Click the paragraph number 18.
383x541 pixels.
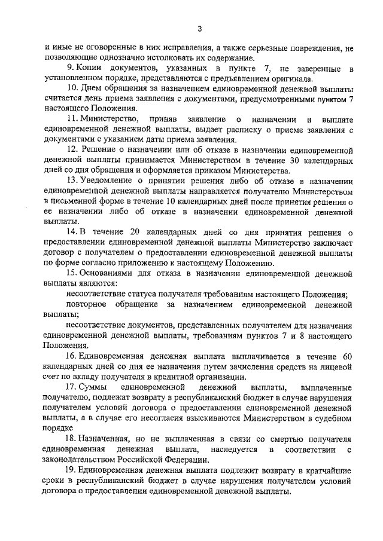pyautogui.click(x=72, y=439)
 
